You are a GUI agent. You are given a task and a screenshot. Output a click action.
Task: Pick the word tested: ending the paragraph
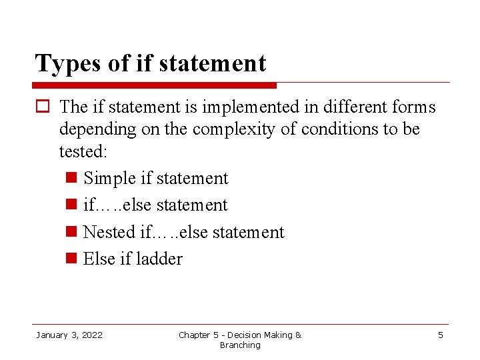click(x=83, y=151)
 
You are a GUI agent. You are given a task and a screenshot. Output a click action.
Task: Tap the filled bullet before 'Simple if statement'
click(x=73, y=179)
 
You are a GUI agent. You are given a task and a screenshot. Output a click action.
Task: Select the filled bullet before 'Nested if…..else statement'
click(x=73, y=233)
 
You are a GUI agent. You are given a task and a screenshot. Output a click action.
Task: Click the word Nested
click(x=109, y=232)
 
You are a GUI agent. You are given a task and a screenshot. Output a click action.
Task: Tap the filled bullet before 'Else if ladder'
click(x=73, y=259)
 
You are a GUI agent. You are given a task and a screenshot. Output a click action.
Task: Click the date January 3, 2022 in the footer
click(x=69, y=335)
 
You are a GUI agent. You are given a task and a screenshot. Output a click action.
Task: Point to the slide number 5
click(x=440, y=335)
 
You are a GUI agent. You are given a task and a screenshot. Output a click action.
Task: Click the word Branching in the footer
click(x=240, y=345)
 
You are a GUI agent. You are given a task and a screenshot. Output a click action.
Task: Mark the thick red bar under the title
click(x=155, y=85)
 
